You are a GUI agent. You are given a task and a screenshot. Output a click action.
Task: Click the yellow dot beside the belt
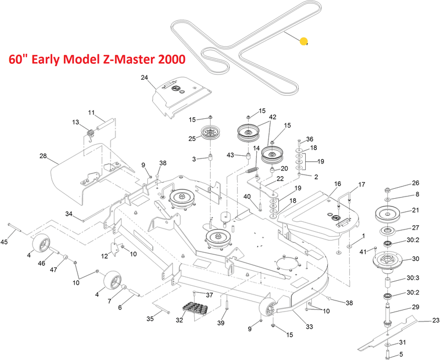pos(304,41)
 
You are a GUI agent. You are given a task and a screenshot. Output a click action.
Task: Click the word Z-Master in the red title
pos(129,59)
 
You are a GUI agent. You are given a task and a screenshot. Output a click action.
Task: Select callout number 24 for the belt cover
pos(145,78)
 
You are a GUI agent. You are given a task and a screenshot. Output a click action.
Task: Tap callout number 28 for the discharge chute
pos(43,156)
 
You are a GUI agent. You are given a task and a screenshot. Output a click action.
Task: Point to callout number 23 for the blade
pos(436,320)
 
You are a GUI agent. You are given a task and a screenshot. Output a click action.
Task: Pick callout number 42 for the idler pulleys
pos(273,117)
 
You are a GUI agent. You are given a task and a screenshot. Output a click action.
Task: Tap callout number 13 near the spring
pos(76,122)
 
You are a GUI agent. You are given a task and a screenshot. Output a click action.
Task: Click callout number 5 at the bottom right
pos(401,354)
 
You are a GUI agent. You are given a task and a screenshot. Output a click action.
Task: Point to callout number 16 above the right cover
pos(337,183)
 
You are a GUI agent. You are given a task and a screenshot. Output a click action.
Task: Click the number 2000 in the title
pos(166,59)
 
